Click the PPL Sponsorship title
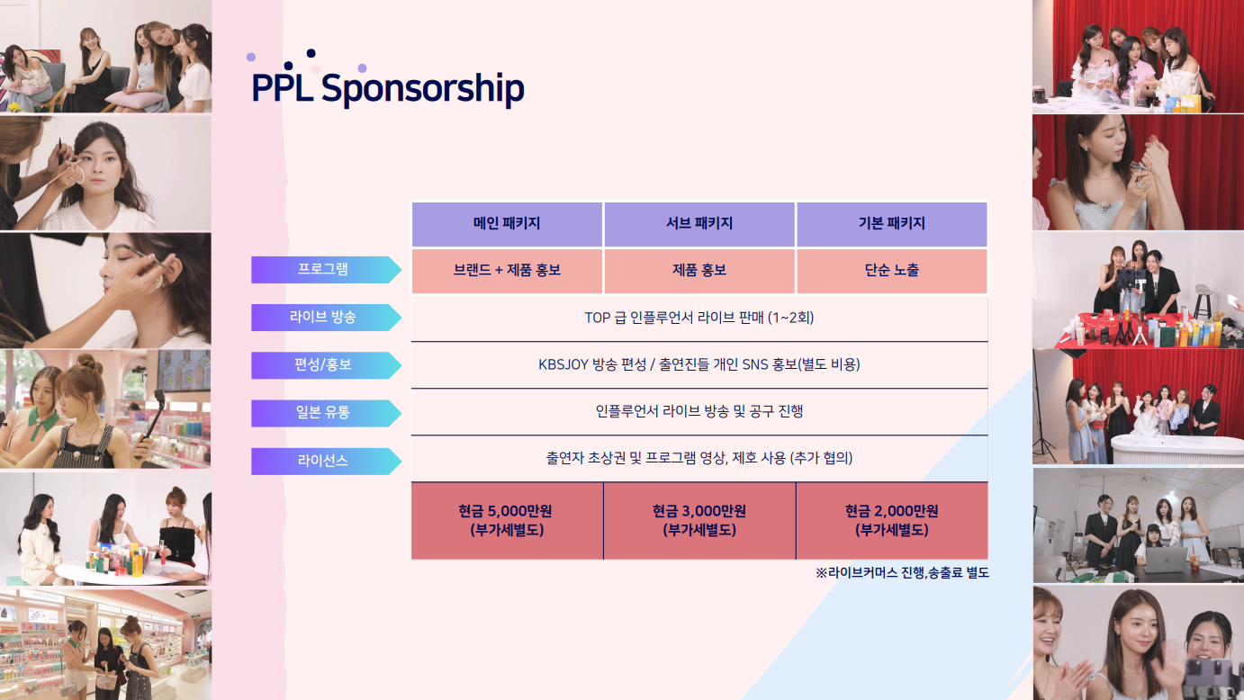coord(388,87)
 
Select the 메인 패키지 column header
coord(507,224)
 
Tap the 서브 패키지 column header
coord(699,224)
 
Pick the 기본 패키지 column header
coord(892,224)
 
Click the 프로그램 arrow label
coord(326,270)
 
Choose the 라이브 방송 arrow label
coord(326,318)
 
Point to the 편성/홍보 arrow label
coord(326,365)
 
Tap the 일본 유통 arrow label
coord(326,413)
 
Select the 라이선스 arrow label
coord(326,462)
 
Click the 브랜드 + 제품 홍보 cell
coord(507,271)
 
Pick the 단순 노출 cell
coord(892,271)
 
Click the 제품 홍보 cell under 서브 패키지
coord(699,271)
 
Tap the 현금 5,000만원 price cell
coord(507,521)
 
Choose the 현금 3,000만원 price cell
coord(699,521)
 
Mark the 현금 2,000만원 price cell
coord(892,521)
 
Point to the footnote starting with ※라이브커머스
coord(902,573)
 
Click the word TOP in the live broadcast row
coord(598,318)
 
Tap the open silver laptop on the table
coord(1165,561)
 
